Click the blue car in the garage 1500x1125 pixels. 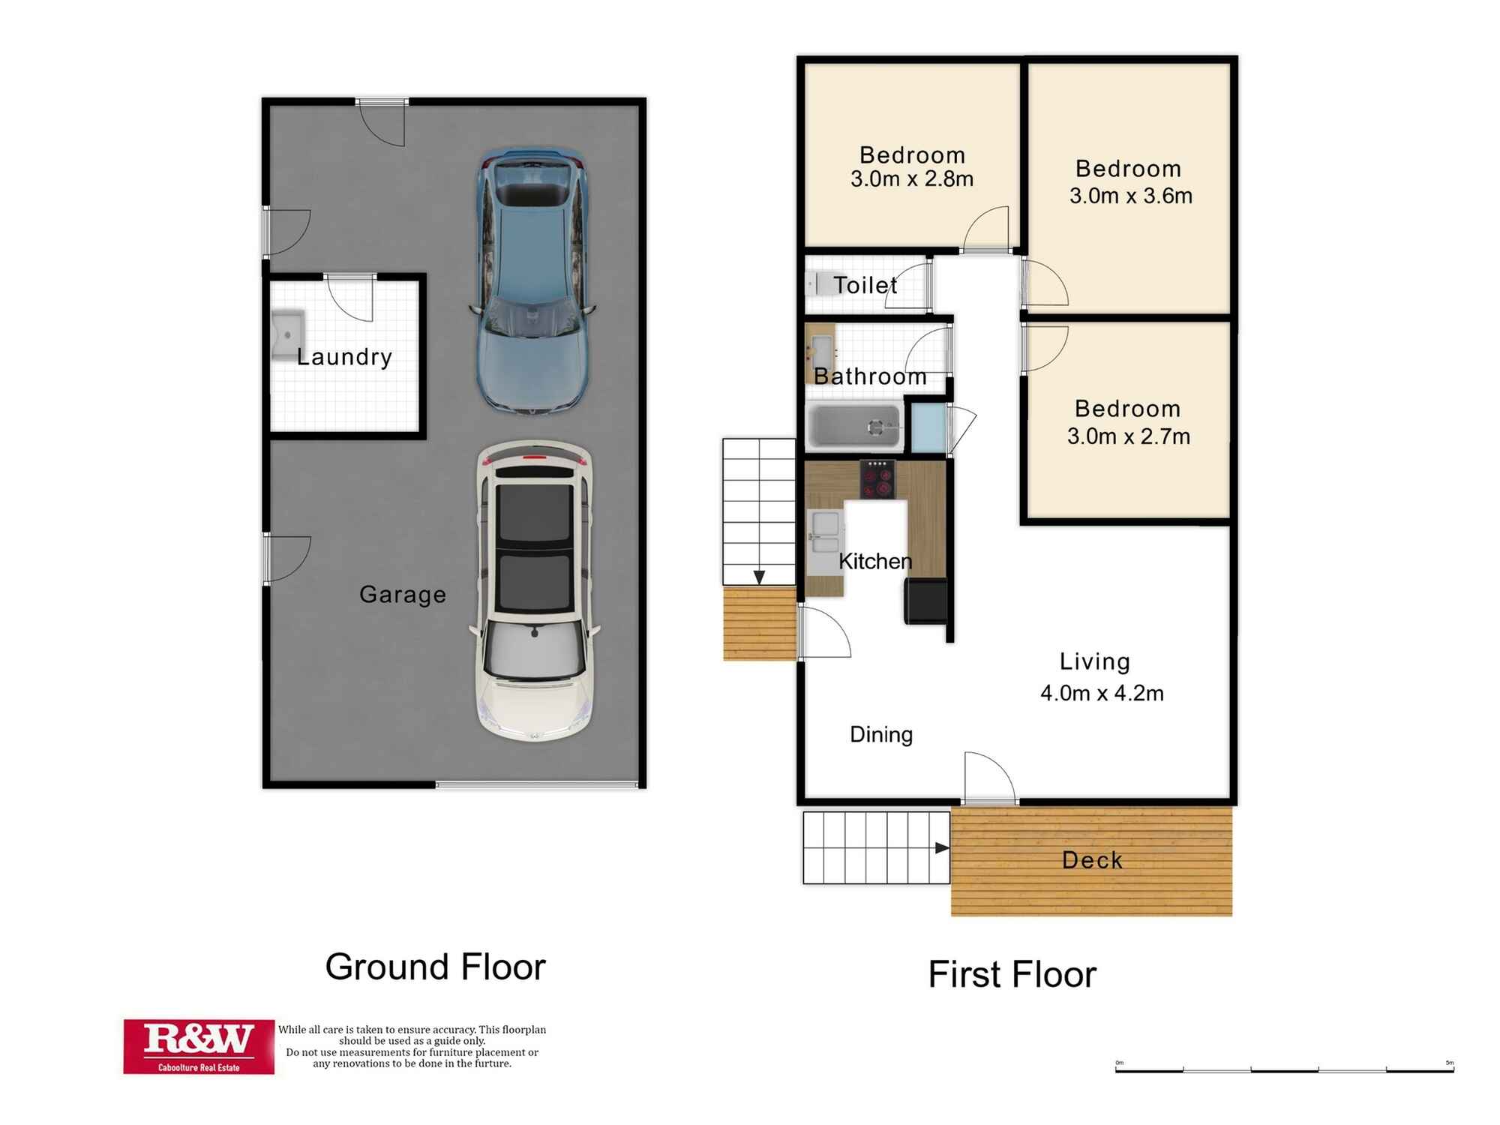pyautogui.click(x=532, y=281)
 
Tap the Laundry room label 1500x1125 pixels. pyautogui.click(x=344, y=357)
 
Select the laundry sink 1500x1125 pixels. pyautogui.click(x=287, y=335)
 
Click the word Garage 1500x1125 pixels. pyautogui.click(x=403, y=594)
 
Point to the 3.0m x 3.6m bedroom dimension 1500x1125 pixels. pyautogui.click(x=1130, y=196)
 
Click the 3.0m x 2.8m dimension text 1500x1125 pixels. pyautogui.click(x=912, y=179)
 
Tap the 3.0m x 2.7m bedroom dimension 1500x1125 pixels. pyautogui.click(x=1128, y=436)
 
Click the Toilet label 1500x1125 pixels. pyautogui.click(x=865, y=285)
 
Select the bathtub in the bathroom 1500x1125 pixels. pyautogui.click(x=854, y=427)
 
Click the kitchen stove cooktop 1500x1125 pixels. pyautogui.click(x=877, y=479)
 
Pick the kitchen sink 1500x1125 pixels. pyautogui.click(x=824, y=532)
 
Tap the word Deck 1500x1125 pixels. pyautogui.click(x=1092, y=860)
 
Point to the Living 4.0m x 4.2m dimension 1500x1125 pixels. pyautogui.click(x=1102, y=693)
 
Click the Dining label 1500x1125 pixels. pyautogui.click(x=880, y=734)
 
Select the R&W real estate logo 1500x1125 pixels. pyautogui.click(x=199, y=1046)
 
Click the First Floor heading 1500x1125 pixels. pyautogui.click(x=1012, y=974)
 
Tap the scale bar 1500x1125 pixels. pyautogui.click(x=1284, y=1069)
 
